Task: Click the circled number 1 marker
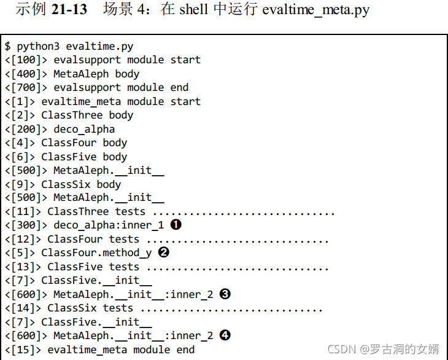(x=176, y=225)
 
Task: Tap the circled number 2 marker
(x=163, y=252)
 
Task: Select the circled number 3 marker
(x=225, y=294)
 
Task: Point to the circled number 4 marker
(x=225, y=335)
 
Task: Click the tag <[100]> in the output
(x=26, y=60)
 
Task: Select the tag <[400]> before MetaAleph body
(x=26, y=74)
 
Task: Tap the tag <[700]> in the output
(x=26, y=87)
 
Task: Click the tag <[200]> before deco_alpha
(x=26, y=129)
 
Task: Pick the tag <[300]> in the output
(x=26, y=225)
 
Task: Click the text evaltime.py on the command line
(x=99, y=46)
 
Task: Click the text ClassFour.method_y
(x=96, y=252)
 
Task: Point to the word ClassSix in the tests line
(x=72, y=308)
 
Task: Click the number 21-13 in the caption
(x=71, y=10)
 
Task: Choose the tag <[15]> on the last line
(x=23, y=350)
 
